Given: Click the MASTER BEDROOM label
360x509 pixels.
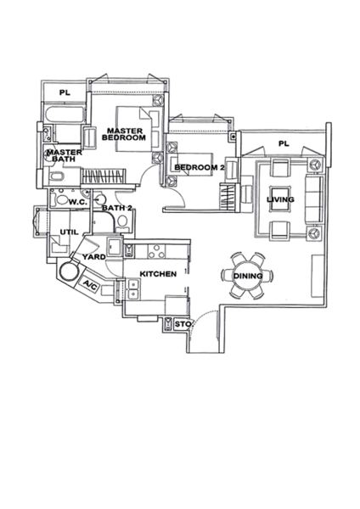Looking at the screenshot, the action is (124, 134).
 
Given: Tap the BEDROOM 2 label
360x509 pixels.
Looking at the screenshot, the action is (200, 167).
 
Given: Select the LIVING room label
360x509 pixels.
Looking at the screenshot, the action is (280, 199).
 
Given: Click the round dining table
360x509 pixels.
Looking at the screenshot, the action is (248, 276).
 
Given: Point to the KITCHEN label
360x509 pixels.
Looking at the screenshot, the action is (158, 274).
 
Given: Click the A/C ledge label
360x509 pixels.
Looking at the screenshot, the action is (90, 285).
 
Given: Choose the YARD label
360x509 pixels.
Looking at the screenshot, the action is (93, 257).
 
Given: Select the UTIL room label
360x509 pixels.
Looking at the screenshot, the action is (70, 232).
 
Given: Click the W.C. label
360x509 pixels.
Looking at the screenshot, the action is (77, 203).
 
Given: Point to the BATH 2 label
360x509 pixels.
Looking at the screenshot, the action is (117, 208).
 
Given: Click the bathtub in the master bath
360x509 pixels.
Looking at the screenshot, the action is (65, 115).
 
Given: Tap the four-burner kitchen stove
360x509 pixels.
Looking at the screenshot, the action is (156, 251).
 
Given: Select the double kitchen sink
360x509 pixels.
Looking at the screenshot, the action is (133, 289).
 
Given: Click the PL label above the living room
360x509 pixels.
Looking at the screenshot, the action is (284, 143).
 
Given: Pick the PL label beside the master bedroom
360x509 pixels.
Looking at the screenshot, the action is (65, 92).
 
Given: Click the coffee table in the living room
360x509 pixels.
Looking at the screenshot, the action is (280, 199).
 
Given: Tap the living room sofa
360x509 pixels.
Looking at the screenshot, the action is (313, 199).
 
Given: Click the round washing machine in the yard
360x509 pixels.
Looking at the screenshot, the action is (69, 271).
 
